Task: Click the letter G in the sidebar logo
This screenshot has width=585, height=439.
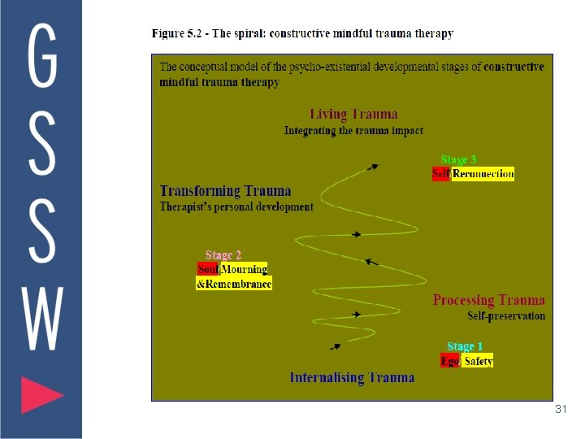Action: (x=42, y=54)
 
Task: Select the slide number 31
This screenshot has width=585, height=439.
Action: (x=560, y=410)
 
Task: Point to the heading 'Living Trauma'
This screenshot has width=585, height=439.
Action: (x=353, y=115)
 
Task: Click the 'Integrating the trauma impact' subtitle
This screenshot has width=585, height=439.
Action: (x=353, y=130)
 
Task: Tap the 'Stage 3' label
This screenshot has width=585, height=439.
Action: (x=458, y=160)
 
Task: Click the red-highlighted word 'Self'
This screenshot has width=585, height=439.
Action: (x=441, y=174)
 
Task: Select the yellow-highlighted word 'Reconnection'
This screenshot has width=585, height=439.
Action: (x=483, y=174)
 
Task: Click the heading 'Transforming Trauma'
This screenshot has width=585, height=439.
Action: (x=225, y=191)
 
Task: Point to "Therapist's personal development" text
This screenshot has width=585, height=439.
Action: (x=236, y=206)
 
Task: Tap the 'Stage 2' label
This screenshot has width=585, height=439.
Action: (x=223, y=255)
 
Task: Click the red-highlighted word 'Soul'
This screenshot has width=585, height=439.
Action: (x=208, y=269)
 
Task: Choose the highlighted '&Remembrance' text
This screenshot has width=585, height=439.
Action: (x=234, y=284)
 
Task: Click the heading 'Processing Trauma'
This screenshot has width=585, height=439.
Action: (x=488, y=301)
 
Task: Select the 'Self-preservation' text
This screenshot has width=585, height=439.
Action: (x=506, y=315)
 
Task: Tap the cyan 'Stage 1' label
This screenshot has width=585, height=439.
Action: (x=465, y=347)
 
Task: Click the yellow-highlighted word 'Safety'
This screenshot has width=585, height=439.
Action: (x=479, y=361)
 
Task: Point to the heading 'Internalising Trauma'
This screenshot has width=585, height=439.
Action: (x=352, y=377)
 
